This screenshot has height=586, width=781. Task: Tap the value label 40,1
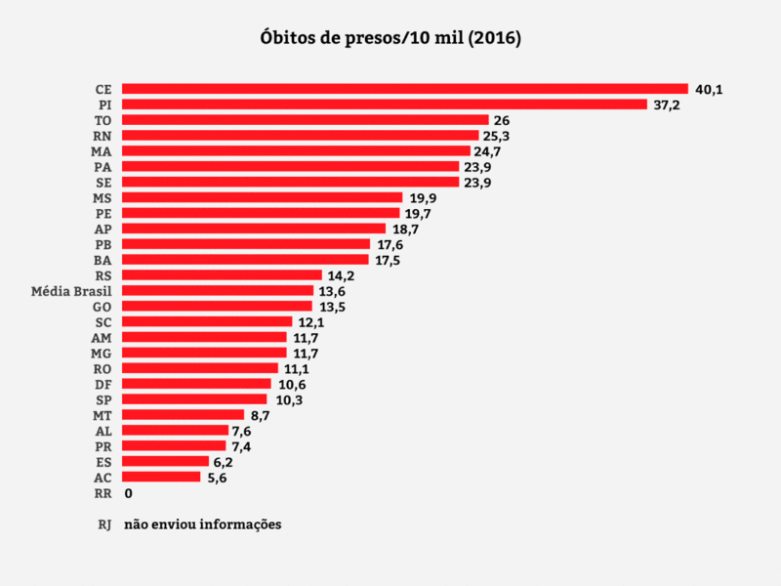pyautogui.click(x=708, y=89)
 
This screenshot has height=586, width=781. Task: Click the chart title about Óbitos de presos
pyautogui.click(x=390, y=39)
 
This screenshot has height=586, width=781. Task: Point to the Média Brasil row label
pyautogui.click(x=71, y=291)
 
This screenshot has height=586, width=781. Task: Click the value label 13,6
pyautogui.click(x=331, y=291)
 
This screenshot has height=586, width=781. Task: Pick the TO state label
pyautogui.click(x=103, y=120)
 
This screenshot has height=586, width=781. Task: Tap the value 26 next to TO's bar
pyautogui.click(x=502, y=120)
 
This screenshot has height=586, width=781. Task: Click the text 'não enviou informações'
pyautogui.click(x=202, y=524)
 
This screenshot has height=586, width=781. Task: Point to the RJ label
pyautogui.click(x=104, y=524)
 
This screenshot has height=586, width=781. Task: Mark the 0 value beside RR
pyautogui.click(x=128, y=493)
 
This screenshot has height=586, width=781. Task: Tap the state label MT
pyautogui.click(x=103, y=415)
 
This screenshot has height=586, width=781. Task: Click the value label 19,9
pyautogui.click(x=423, y=198)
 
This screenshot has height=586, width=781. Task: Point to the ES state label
pyautogui.click(x=103, y=462)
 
